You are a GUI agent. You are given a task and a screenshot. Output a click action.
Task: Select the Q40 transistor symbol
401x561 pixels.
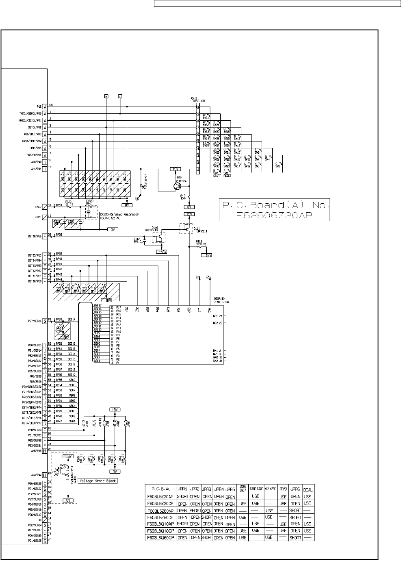pyautogui.click(x=178, y=187)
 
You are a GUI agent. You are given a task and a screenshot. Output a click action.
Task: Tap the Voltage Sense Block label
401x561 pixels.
pyautogui.click(x=98, y=481)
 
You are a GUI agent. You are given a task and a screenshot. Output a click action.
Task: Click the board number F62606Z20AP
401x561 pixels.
pyautogui.click(x=274, y=216)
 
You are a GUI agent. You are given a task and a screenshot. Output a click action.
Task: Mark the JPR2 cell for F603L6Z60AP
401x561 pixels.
pyautogui.click(x=195, y=510)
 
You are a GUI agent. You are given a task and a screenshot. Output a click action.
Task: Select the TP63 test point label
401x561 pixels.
pyautogui.click(x=59, y=320)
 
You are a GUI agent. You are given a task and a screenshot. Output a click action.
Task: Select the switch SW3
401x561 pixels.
pyautogui.click(x=278, y=165)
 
